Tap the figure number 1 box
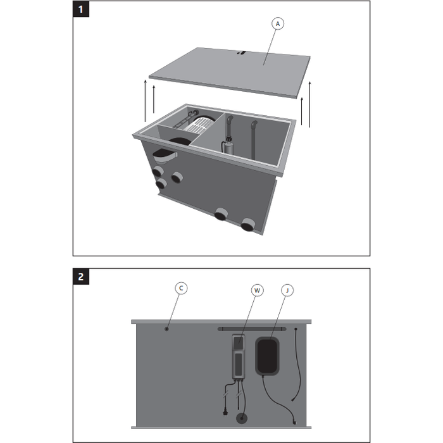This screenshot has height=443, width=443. (x=80, y=9)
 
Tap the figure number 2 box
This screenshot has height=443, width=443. (x=80, y=277)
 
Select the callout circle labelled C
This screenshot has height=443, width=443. (x=181, y=288)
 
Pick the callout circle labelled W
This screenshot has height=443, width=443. (x=257, y=290)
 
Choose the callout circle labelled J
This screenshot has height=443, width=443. (x=289, y=290)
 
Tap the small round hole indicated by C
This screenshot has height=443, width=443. (x=166, y=328)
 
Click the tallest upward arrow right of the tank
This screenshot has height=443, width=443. (x=310, y=104)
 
